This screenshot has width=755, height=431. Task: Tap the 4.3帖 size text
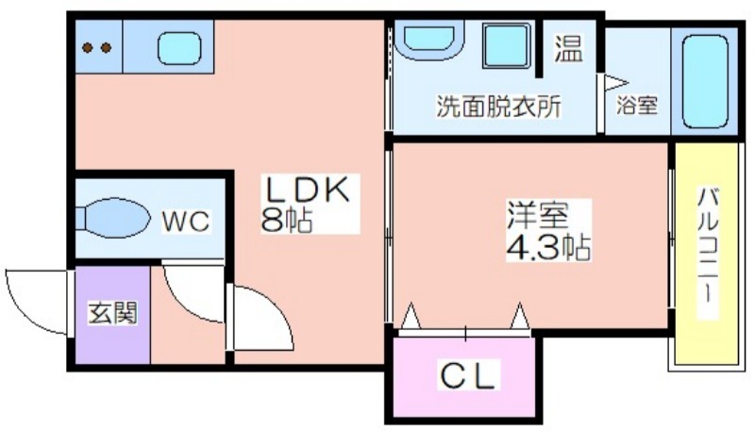coord(548,247)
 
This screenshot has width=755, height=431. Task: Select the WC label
coord(185,222)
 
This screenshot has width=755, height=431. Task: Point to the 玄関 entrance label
coord(112,313)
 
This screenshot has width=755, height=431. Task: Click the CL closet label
coord(467,375)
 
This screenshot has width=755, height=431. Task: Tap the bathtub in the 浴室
coord(704,82)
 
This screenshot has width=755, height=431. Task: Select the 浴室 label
coord(637,105)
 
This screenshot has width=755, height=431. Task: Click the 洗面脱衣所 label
coord(498,107)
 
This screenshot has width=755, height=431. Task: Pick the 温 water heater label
coord(569,49)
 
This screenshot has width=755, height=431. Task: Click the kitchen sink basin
coord(179,48)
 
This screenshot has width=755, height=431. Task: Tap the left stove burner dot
coord(88,47)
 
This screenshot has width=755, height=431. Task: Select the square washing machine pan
coord(507,44)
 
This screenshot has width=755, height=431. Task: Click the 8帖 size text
coord(287,220)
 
